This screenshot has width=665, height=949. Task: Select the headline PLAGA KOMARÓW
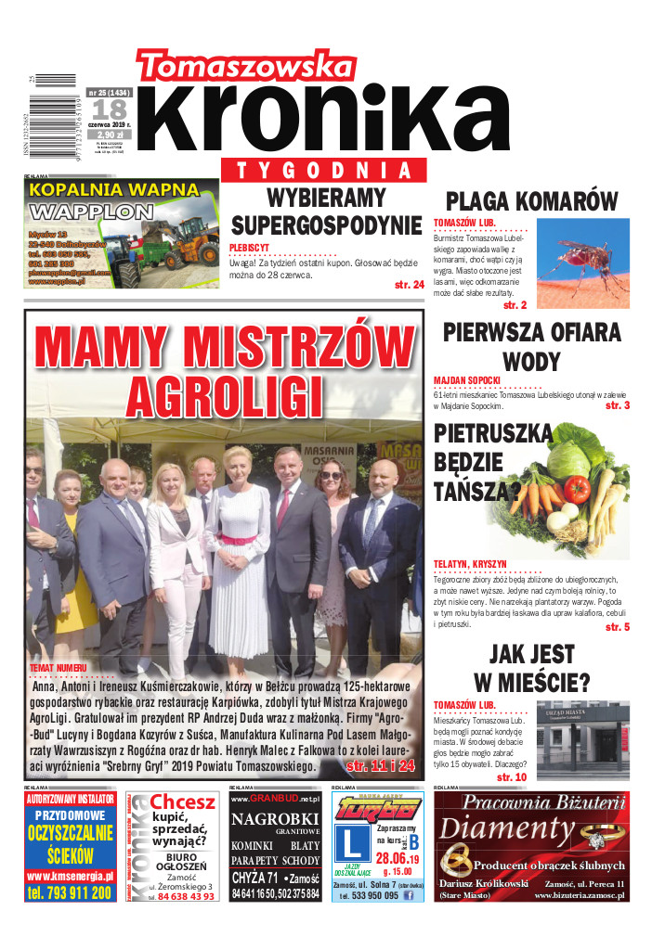[531, 201]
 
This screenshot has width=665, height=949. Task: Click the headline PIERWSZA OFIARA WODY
[531, 346]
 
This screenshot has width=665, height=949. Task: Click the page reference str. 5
[617, 628]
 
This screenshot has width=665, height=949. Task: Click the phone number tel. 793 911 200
[71, 892]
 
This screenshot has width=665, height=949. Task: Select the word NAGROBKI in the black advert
[275, 819]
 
